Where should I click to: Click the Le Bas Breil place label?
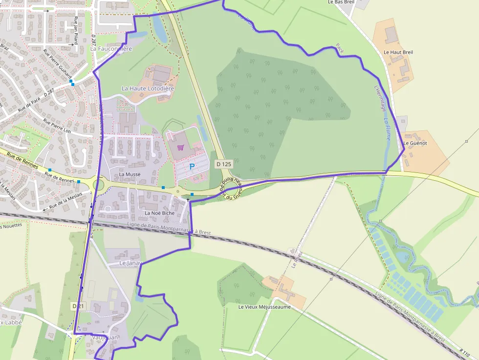tap(341, 2)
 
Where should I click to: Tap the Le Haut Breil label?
tap(398, 52)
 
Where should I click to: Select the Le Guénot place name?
tap(415, 143)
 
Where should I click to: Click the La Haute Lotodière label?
tap(148, 88)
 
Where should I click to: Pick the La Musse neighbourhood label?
tap(130, 174)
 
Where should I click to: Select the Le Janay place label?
tap(130, 263)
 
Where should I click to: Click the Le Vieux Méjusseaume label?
tap(264, 307)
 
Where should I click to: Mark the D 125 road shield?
tap(223, 164)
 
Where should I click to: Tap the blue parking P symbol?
tap(192, 167)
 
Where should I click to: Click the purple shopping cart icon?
tap(180, 148)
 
